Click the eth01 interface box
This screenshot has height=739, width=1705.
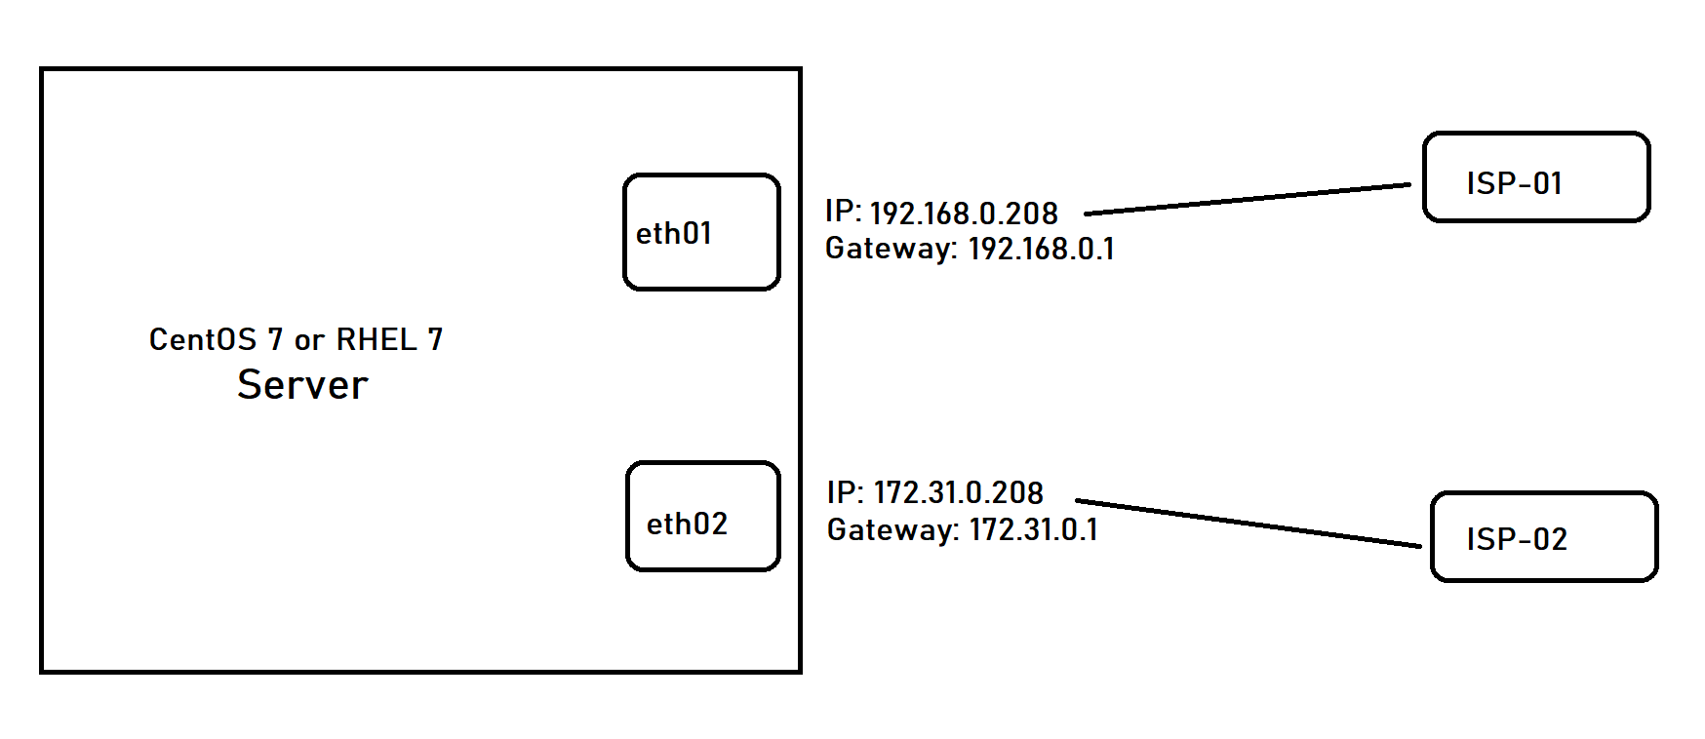[x=701, y=232]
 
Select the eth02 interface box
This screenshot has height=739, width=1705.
[x=703, y=516]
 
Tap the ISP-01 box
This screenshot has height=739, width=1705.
[x=1536, y=177]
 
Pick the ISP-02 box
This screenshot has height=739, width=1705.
[x=1544, y=537]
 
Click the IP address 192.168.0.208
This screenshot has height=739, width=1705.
[x=964, y=214]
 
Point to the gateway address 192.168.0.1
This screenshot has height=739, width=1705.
[x=1041, y=250]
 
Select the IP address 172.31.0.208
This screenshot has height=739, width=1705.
[x=958, y=493]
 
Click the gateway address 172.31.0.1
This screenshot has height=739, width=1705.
[x=1033, y=530]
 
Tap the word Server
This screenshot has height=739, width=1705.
[x=302, y=385]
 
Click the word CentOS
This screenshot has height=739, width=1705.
[x=203, y=339]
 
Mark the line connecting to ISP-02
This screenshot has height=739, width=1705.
[x=1249, y=524]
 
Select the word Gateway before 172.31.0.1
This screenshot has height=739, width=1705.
[x=892, y=530]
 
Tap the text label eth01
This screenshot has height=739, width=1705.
[x=674, y=234]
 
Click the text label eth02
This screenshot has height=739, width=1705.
[x=687, y=525]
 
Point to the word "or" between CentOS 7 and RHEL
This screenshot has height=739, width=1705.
[x=309, y=341]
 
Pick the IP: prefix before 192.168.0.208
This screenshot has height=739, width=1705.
[x=843, y=212]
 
